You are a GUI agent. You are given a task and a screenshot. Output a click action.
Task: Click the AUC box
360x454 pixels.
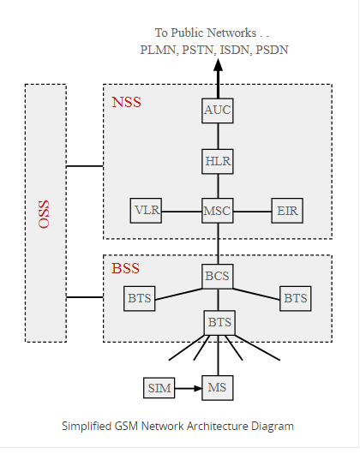218,111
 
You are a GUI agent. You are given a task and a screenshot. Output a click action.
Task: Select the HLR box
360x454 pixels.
218,160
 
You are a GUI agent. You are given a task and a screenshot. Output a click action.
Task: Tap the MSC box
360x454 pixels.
218,210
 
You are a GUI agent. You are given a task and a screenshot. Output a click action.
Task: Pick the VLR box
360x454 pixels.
145,210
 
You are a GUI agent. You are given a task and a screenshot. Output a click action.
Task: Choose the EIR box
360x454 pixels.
286,210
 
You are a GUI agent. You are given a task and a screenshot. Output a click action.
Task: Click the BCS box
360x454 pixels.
218,277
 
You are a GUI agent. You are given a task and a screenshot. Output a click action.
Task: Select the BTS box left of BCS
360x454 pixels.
140,299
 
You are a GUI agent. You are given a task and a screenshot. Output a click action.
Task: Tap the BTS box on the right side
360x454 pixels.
295,299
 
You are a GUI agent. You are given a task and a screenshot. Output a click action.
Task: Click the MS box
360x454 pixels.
218,388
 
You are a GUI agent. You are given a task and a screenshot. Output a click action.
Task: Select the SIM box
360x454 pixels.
159,388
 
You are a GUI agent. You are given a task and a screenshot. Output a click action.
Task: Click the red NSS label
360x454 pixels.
126,103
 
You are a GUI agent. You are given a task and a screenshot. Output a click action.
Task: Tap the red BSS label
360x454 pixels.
126,268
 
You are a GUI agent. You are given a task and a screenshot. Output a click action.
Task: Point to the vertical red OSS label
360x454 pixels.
45,213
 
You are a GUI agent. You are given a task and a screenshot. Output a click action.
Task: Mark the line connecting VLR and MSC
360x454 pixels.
181,210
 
